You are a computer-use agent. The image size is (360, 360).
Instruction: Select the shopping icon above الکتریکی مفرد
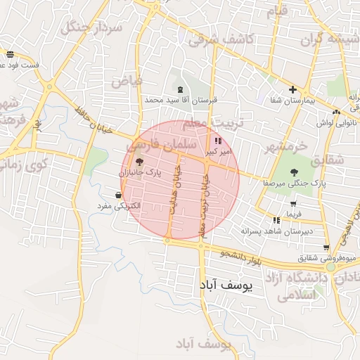pos(117,195)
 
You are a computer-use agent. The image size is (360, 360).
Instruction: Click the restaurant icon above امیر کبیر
pos(217,141)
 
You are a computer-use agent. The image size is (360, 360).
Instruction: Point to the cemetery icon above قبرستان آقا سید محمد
pos(181,89)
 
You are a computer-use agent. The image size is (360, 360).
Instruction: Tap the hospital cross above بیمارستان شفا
pos(292,90)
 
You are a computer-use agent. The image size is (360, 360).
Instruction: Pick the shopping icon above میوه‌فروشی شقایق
pos(326,247)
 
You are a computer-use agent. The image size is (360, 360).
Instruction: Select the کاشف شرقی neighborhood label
pos(219,39)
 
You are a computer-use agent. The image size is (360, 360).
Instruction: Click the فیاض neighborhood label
pos(127,79)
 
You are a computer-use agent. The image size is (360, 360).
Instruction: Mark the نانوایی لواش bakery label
pos(334,122)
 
